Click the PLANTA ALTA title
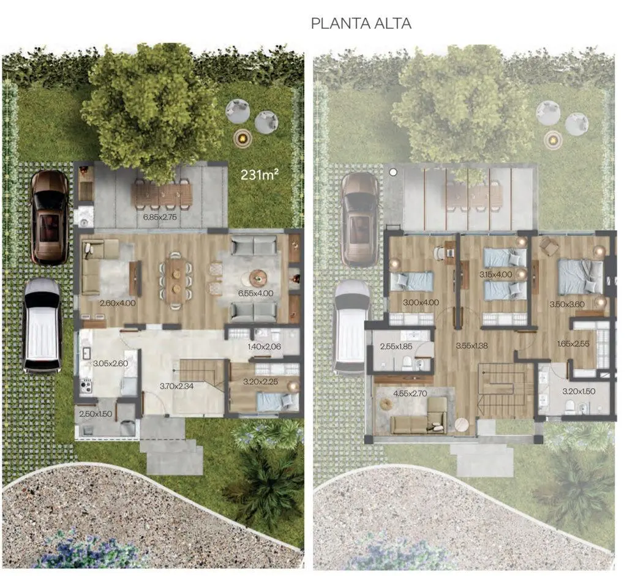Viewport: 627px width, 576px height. (361, 23)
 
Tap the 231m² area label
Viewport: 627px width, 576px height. (260, 174)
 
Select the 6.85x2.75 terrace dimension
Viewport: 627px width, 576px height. (160, 217)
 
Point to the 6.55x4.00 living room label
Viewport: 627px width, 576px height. (256, 293)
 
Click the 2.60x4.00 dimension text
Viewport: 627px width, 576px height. (118, 303)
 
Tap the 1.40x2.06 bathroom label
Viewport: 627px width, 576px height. (264, 346)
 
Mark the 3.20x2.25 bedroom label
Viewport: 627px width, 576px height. (260, 382)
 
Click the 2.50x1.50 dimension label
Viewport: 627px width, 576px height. (96, 414)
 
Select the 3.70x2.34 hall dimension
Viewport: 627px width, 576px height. (177, 386)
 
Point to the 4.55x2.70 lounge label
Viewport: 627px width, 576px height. (410, 394)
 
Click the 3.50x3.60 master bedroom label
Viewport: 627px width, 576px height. (567, 304)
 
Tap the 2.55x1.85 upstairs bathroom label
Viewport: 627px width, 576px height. (396, 346)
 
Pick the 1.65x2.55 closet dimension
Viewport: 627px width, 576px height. (573, 343)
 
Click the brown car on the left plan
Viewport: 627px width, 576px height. (50, 217)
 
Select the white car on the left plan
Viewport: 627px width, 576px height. (42, 326)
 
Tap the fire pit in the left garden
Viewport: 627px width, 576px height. (242, 138)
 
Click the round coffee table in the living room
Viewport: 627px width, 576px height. (258, 277)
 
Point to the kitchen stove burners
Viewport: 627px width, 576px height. (86, 386)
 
